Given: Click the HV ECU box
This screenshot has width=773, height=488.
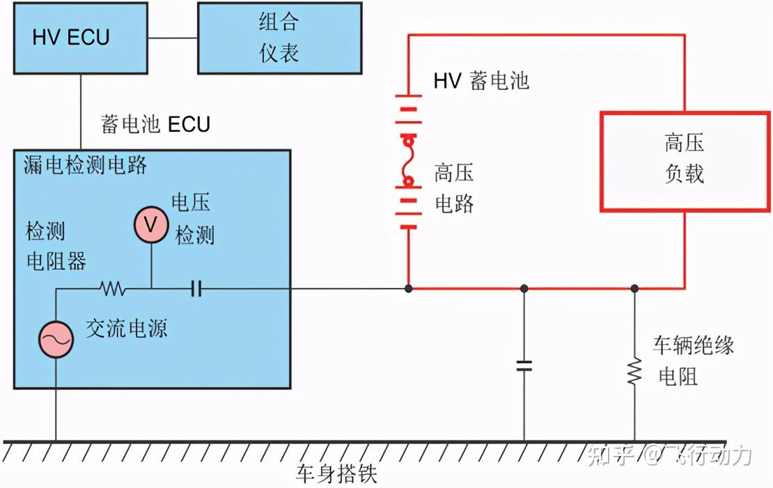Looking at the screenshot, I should coord(80,38).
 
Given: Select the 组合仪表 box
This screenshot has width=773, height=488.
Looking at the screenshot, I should coord(279,38).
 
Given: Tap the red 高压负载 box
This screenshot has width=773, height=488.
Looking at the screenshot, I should coord(685,160).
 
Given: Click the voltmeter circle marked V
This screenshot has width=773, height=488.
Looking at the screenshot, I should coord(151,225).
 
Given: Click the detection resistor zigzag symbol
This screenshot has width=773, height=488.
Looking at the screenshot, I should coord(112,287).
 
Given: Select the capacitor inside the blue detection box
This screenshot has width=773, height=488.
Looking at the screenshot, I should coord(196,287).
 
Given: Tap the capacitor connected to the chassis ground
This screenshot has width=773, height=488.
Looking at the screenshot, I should coord(524,365).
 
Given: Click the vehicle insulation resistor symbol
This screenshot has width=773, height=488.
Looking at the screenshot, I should coord(634,371).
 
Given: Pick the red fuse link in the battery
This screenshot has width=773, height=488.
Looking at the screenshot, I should coord(408,162).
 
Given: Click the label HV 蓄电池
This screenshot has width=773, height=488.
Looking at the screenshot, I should coord(481,81).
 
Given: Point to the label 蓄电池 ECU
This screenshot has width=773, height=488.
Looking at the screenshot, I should coord(155,125).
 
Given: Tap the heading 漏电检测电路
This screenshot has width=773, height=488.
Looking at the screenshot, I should coord(85,165).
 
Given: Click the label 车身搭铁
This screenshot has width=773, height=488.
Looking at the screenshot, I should coord(336,475).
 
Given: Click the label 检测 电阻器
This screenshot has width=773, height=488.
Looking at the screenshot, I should coord(56,245).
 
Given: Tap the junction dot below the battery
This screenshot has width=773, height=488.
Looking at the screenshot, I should coord(408,287).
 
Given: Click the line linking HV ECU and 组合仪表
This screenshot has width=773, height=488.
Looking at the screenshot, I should coord(173,38).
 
